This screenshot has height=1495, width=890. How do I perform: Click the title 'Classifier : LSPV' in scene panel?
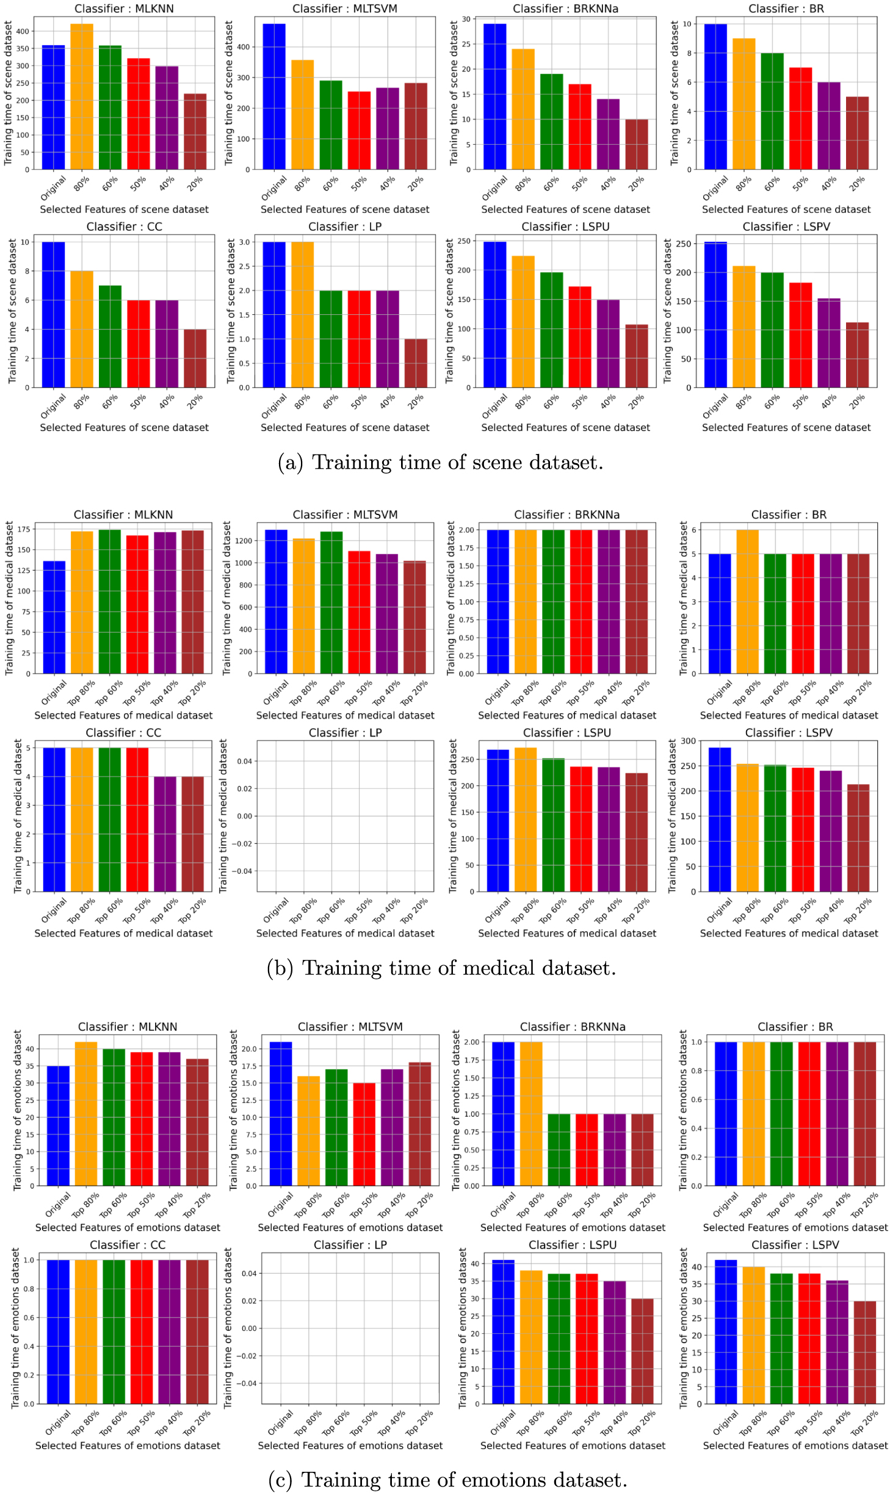click(x=786, y=226)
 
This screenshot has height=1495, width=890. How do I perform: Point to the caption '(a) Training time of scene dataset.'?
click(x=440, y=463)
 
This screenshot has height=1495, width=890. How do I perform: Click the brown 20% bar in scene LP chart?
click(x=416, y=363)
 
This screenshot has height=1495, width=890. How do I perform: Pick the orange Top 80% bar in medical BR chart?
click(x=747, y=602)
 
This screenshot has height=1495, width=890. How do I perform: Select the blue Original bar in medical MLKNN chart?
click(x=54, y=617)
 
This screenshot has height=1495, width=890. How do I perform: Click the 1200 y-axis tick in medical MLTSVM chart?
click(x=244, y=541)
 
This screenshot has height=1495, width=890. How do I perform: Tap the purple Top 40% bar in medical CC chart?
click(x=165, y=834)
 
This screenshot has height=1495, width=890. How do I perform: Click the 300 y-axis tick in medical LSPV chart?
click(x=688, y=741)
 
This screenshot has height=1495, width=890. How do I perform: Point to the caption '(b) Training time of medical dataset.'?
click(x=441, y=968)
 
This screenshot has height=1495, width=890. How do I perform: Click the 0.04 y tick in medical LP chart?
click(x=244, y=761)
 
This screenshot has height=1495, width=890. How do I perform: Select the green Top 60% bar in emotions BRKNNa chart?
click(x=559, y=1150)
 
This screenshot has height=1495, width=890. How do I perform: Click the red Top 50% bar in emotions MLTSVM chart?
click(x=364, y=1134)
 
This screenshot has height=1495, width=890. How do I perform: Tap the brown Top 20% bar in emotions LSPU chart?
click(x=642, y=1351)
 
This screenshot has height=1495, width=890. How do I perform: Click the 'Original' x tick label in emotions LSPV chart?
click(x=725, y=1424)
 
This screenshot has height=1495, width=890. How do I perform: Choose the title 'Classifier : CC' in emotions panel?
click(x=128, y=1245)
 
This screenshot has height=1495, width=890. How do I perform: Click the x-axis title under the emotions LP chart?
click(x=350, y=1446)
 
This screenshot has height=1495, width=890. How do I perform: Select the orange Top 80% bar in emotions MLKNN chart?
click(x=85, y=1114)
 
